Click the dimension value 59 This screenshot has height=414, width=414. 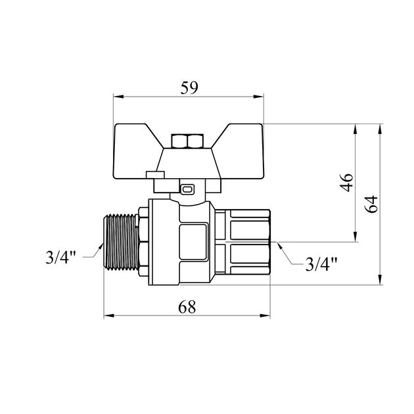(189, 88)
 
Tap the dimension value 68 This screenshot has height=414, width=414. (187, 307)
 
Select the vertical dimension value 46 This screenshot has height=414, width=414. (346, 183)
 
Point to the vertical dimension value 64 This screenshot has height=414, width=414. (371, 204)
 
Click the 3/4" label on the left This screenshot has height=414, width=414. (61, 257)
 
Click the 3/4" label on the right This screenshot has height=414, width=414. (321, 264)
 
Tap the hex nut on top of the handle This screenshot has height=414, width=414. (187, 141)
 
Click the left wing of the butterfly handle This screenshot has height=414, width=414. (135, 151)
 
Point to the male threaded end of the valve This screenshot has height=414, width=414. (121, 242)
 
